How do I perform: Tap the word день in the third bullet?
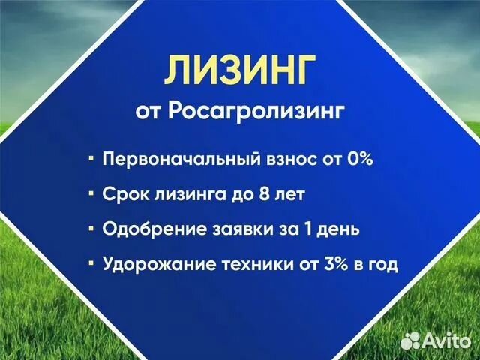(339, 229)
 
